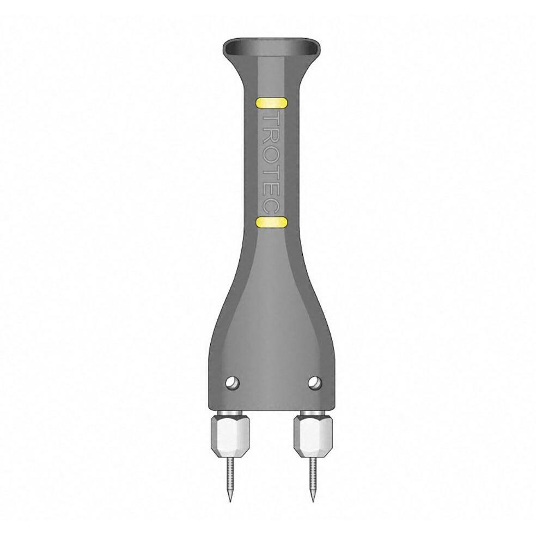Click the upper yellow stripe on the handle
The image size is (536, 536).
tap(272, 103)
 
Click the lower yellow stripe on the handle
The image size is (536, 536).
tap(271, 223)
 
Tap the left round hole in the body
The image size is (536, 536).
tap(233, 382)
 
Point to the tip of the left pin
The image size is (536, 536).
tap(230, 502)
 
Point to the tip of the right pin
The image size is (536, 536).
tap(313, 502)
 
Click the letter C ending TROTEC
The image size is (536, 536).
tap(272, 209)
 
